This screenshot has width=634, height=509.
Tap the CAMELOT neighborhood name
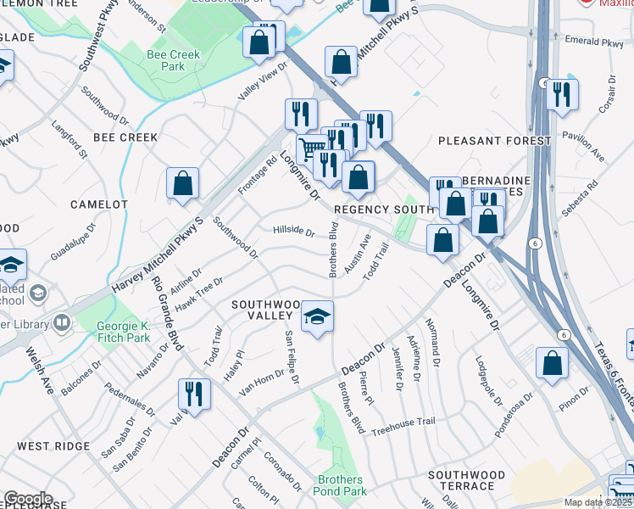pyautogui.click(x=98, y=204)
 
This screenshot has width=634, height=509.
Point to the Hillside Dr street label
pyautogui.click(x=293, y=231)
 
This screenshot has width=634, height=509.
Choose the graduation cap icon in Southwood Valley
pyautogui.click(x=318, y=317)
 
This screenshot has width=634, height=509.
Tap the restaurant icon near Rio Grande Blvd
pyautogui.click(x=194, y=394)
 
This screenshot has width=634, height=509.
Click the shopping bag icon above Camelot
pyautogui.click(x=182, y=183)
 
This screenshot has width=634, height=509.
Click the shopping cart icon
pyautogui.click(x=312, y=149)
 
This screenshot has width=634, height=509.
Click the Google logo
pyautogui.click(x=28, y=499)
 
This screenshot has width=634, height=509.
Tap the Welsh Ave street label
pyautogui.click(x=40, y=370)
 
